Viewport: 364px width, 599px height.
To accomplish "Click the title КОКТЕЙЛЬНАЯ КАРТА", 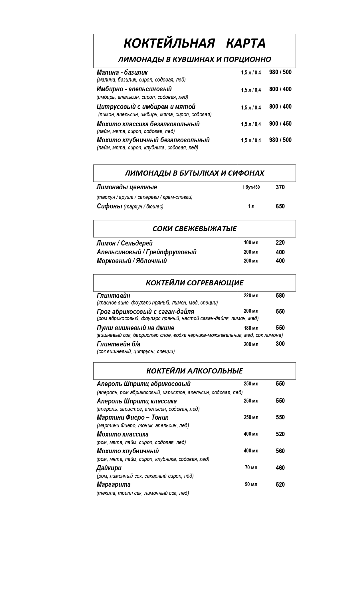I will (195, 43).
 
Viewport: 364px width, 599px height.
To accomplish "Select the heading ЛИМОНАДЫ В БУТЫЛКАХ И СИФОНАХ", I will (194, 173).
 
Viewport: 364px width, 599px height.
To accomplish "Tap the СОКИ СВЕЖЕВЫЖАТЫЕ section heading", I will (194, 229).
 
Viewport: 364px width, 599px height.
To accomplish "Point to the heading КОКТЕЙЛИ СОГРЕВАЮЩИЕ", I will (194, 283).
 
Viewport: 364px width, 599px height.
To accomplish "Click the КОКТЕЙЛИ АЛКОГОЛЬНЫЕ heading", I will (194, 371).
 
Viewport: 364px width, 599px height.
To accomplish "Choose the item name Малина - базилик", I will (122, 72).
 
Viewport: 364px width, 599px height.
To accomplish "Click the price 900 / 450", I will (280, 124).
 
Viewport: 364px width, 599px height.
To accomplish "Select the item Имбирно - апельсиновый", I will (134, 89).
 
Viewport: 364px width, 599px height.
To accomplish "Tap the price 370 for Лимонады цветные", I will (280, 187).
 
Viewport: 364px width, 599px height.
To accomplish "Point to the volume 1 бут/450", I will (251, 187).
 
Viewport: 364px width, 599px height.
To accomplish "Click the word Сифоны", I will (110, 206).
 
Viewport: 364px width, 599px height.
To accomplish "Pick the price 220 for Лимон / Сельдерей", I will (280, 243).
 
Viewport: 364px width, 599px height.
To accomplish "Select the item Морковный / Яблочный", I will (132, 261).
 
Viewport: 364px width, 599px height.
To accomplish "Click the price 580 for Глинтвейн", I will (280, 296).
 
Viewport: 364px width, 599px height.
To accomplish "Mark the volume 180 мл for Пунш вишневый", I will (251, 328).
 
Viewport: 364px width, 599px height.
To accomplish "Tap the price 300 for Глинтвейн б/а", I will (280, 344).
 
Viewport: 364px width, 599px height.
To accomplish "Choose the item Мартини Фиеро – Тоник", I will (132, 417).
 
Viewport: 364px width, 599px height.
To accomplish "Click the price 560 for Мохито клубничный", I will (280, 451).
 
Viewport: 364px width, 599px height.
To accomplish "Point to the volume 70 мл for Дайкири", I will (251, 468).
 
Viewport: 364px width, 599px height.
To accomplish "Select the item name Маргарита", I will (114, 484).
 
